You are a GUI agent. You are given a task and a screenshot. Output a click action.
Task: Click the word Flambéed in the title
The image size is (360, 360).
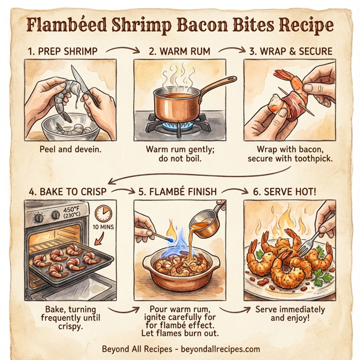(x=68, y=26)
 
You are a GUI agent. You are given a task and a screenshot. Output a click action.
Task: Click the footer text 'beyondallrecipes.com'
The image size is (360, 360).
(x=217, y=349)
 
